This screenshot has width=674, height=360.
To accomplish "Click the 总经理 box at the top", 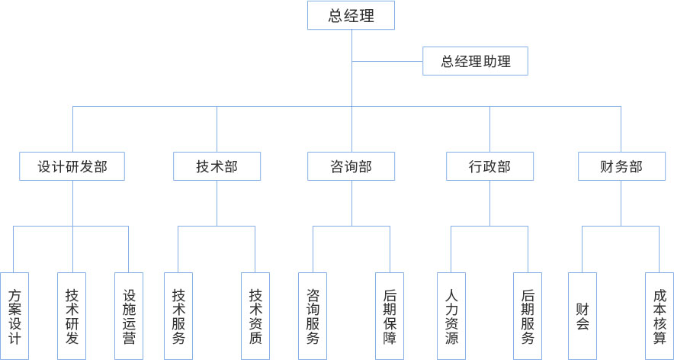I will [x=351, y=15].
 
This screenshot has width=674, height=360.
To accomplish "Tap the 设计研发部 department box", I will [x=73, y=166].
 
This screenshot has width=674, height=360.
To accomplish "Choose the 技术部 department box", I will [x=217, y=166].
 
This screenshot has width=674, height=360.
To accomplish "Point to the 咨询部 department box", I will [x=351, y=166].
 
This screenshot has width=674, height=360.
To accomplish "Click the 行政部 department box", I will [x=489, y=166].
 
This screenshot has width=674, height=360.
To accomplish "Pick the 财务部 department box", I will [x=621, y=166].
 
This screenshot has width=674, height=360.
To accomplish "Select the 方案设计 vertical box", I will [x=14, y=316].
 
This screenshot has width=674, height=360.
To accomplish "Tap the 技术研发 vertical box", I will [x=72, y=316].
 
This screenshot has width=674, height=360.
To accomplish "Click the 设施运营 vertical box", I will [x=129, y=316].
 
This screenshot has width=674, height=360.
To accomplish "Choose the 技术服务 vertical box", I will [x=178, y=316].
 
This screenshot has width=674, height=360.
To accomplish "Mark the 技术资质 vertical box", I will [x=255, y=316].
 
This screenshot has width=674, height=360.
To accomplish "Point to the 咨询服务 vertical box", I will [x=313, y=316].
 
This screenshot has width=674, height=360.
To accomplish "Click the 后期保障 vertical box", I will [x=390, y=316].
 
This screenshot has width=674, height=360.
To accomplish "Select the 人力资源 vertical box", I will [x=451, y=316].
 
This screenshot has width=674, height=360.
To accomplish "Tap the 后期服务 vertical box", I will [x=528, y=316].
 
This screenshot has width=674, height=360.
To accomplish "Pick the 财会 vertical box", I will [x=583, y=316].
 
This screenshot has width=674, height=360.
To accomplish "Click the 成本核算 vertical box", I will [x=660, y=316].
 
